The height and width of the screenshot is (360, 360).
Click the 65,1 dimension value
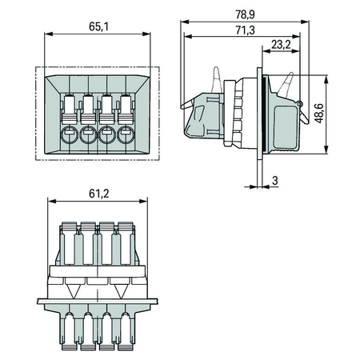click(x=98, y=26)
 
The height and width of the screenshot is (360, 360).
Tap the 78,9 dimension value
click(x=245, y=14)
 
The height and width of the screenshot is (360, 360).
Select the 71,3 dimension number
click(x=245, y=30)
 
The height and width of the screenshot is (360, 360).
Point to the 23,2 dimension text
click(x=281, y=44)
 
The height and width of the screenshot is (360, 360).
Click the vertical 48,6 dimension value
click(x=318, y=114)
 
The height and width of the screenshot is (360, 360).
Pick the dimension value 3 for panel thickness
click(x=275, y=181)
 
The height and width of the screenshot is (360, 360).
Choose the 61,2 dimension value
click(x=99, y=194)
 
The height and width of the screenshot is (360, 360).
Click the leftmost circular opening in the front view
click(x=70, y=134)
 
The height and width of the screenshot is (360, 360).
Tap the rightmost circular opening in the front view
click(x=126, y=134)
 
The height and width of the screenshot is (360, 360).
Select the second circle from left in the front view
click(x=88, y=134)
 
